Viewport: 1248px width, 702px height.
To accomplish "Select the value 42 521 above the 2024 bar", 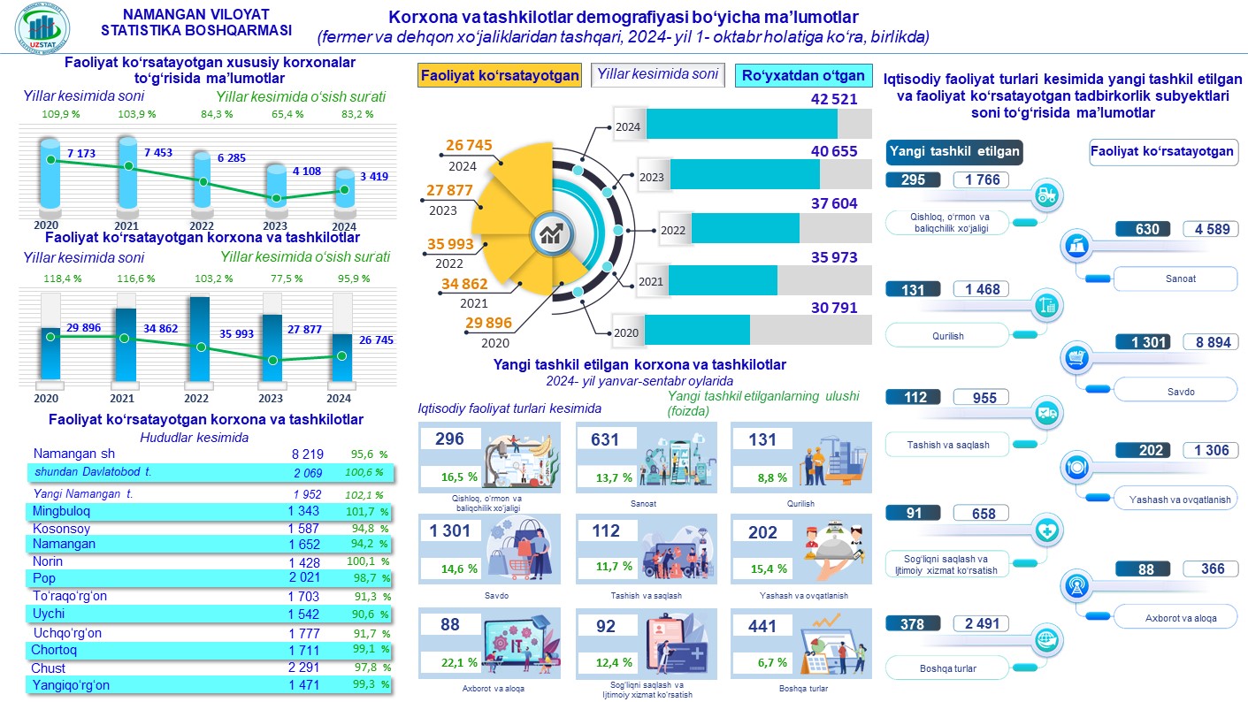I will (x=834, y=99).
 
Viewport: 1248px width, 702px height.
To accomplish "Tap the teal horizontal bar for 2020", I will (x=697, y=330).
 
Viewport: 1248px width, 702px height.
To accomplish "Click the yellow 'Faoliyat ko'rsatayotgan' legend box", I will (x=500, y=75).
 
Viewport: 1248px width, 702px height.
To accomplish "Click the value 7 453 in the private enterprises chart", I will (x=157, y=153).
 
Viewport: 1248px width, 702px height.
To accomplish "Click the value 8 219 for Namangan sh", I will (x=307, y=454).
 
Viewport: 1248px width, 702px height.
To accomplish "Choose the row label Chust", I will (x=49, y=668).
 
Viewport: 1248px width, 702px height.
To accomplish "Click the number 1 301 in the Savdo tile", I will (x=451, y=531).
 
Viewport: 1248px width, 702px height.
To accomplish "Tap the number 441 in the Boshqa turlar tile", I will (x=762, y=627).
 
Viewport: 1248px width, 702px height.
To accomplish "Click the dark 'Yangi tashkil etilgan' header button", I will (x=954, y=151).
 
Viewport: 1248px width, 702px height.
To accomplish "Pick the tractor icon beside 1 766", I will (x=1046, y=195).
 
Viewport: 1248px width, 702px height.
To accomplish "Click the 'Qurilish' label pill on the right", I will (x=948, y=336).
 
